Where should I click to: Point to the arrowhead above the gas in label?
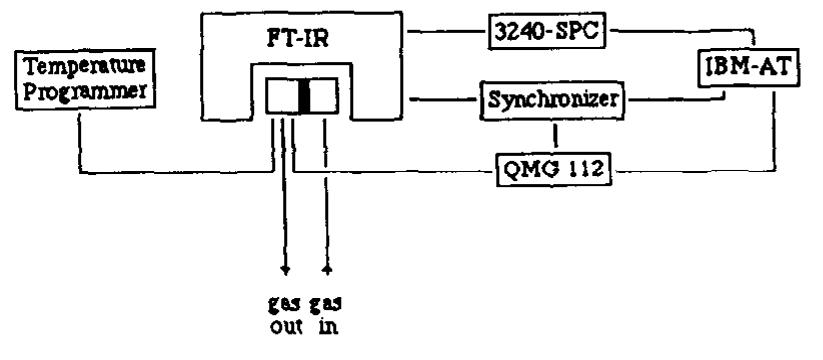pyautogui.click(x=326, y=268)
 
